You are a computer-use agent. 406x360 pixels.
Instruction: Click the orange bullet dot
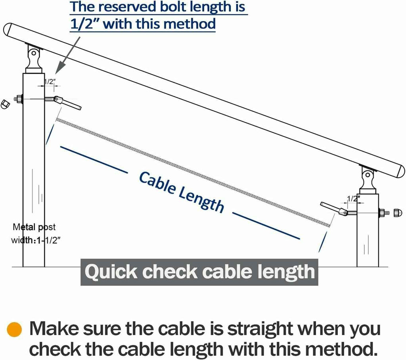tap(14, 330)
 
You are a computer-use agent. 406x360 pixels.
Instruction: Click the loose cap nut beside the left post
tap(4, 104)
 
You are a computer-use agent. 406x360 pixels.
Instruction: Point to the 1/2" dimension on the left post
tap(49, 82)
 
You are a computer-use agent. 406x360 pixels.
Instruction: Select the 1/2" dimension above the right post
tap(353, 198)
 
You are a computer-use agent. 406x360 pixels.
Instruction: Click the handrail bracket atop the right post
tap(368, 180)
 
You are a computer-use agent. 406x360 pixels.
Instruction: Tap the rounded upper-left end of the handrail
tap(9, 30)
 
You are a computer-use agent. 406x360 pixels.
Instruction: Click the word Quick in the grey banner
tap(112, 272)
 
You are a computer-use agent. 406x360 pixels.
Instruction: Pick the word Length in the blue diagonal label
tap(200, 200)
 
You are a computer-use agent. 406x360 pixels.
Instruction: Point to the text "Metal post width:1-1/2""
tap(34, 234)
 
